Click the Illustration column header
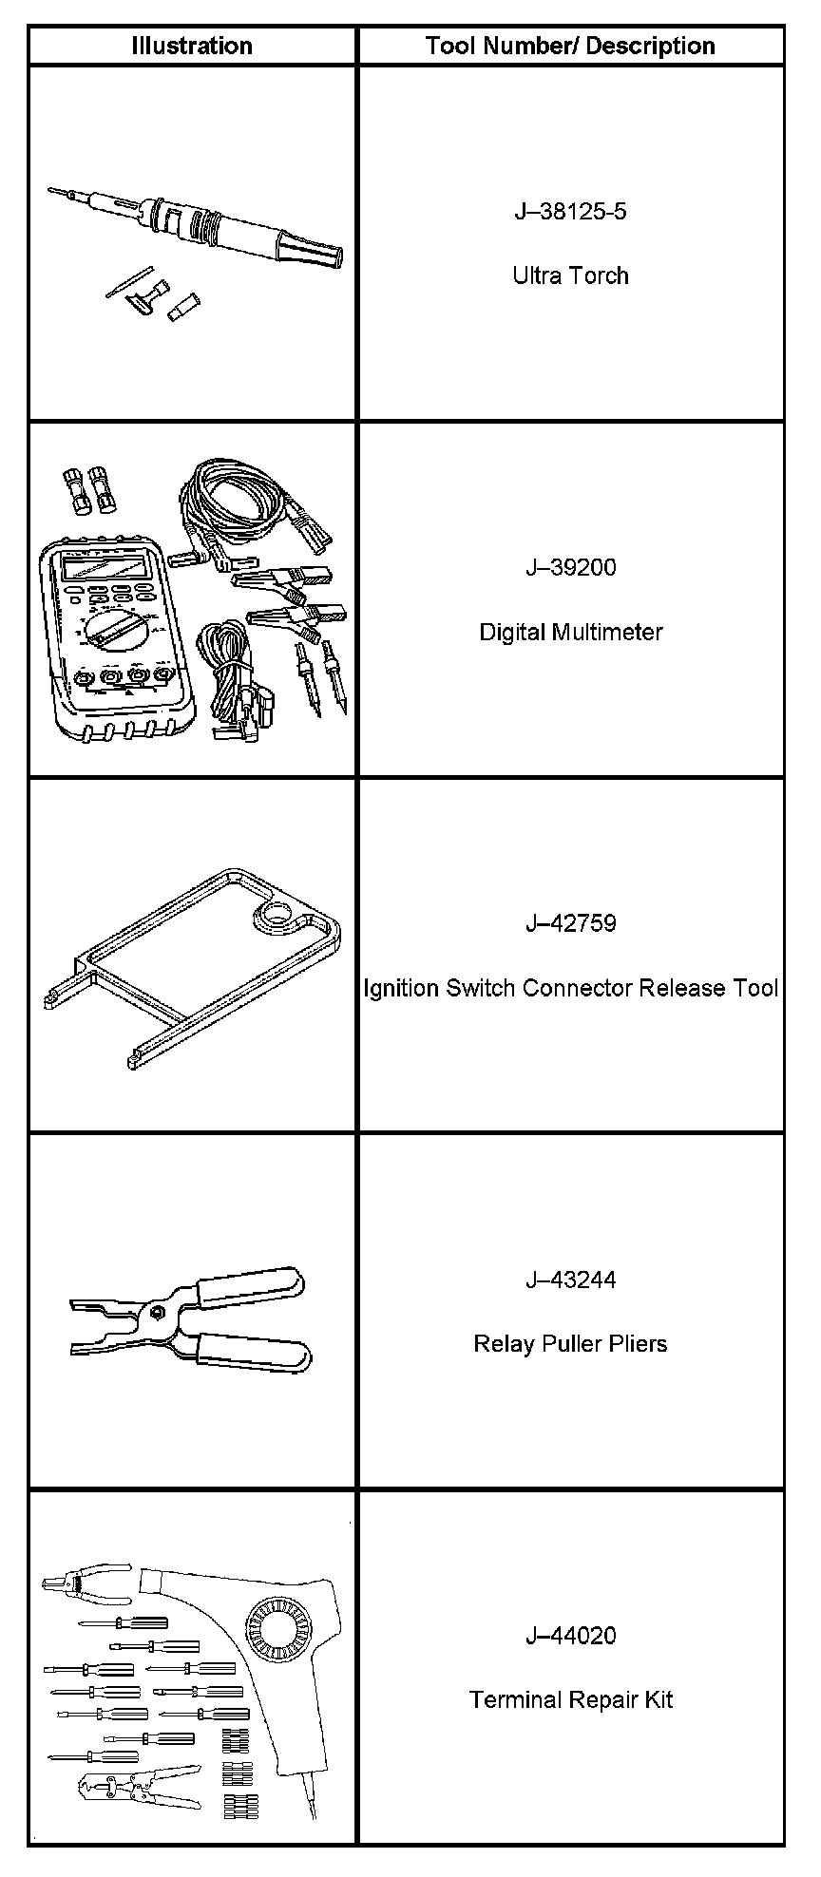pos(191,46)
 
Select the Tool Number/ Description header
pos(570,46)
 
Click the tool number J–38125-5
pos(570,211)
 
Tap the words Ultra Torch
pos(570,275)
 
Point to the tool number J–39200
pos(570,567)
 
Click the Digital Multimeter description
pos(570,632)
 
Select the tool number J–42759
pos(570,923)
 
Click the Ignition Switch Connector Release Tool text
pos(570,988)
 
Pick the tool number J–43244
pos(570,1280)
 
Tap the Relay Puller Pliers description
pos(570,1344)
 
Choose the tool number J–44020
pos(570,1636)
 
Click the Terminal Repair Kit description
pos(570,1700)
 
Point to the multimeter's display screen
pos(105,568)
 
